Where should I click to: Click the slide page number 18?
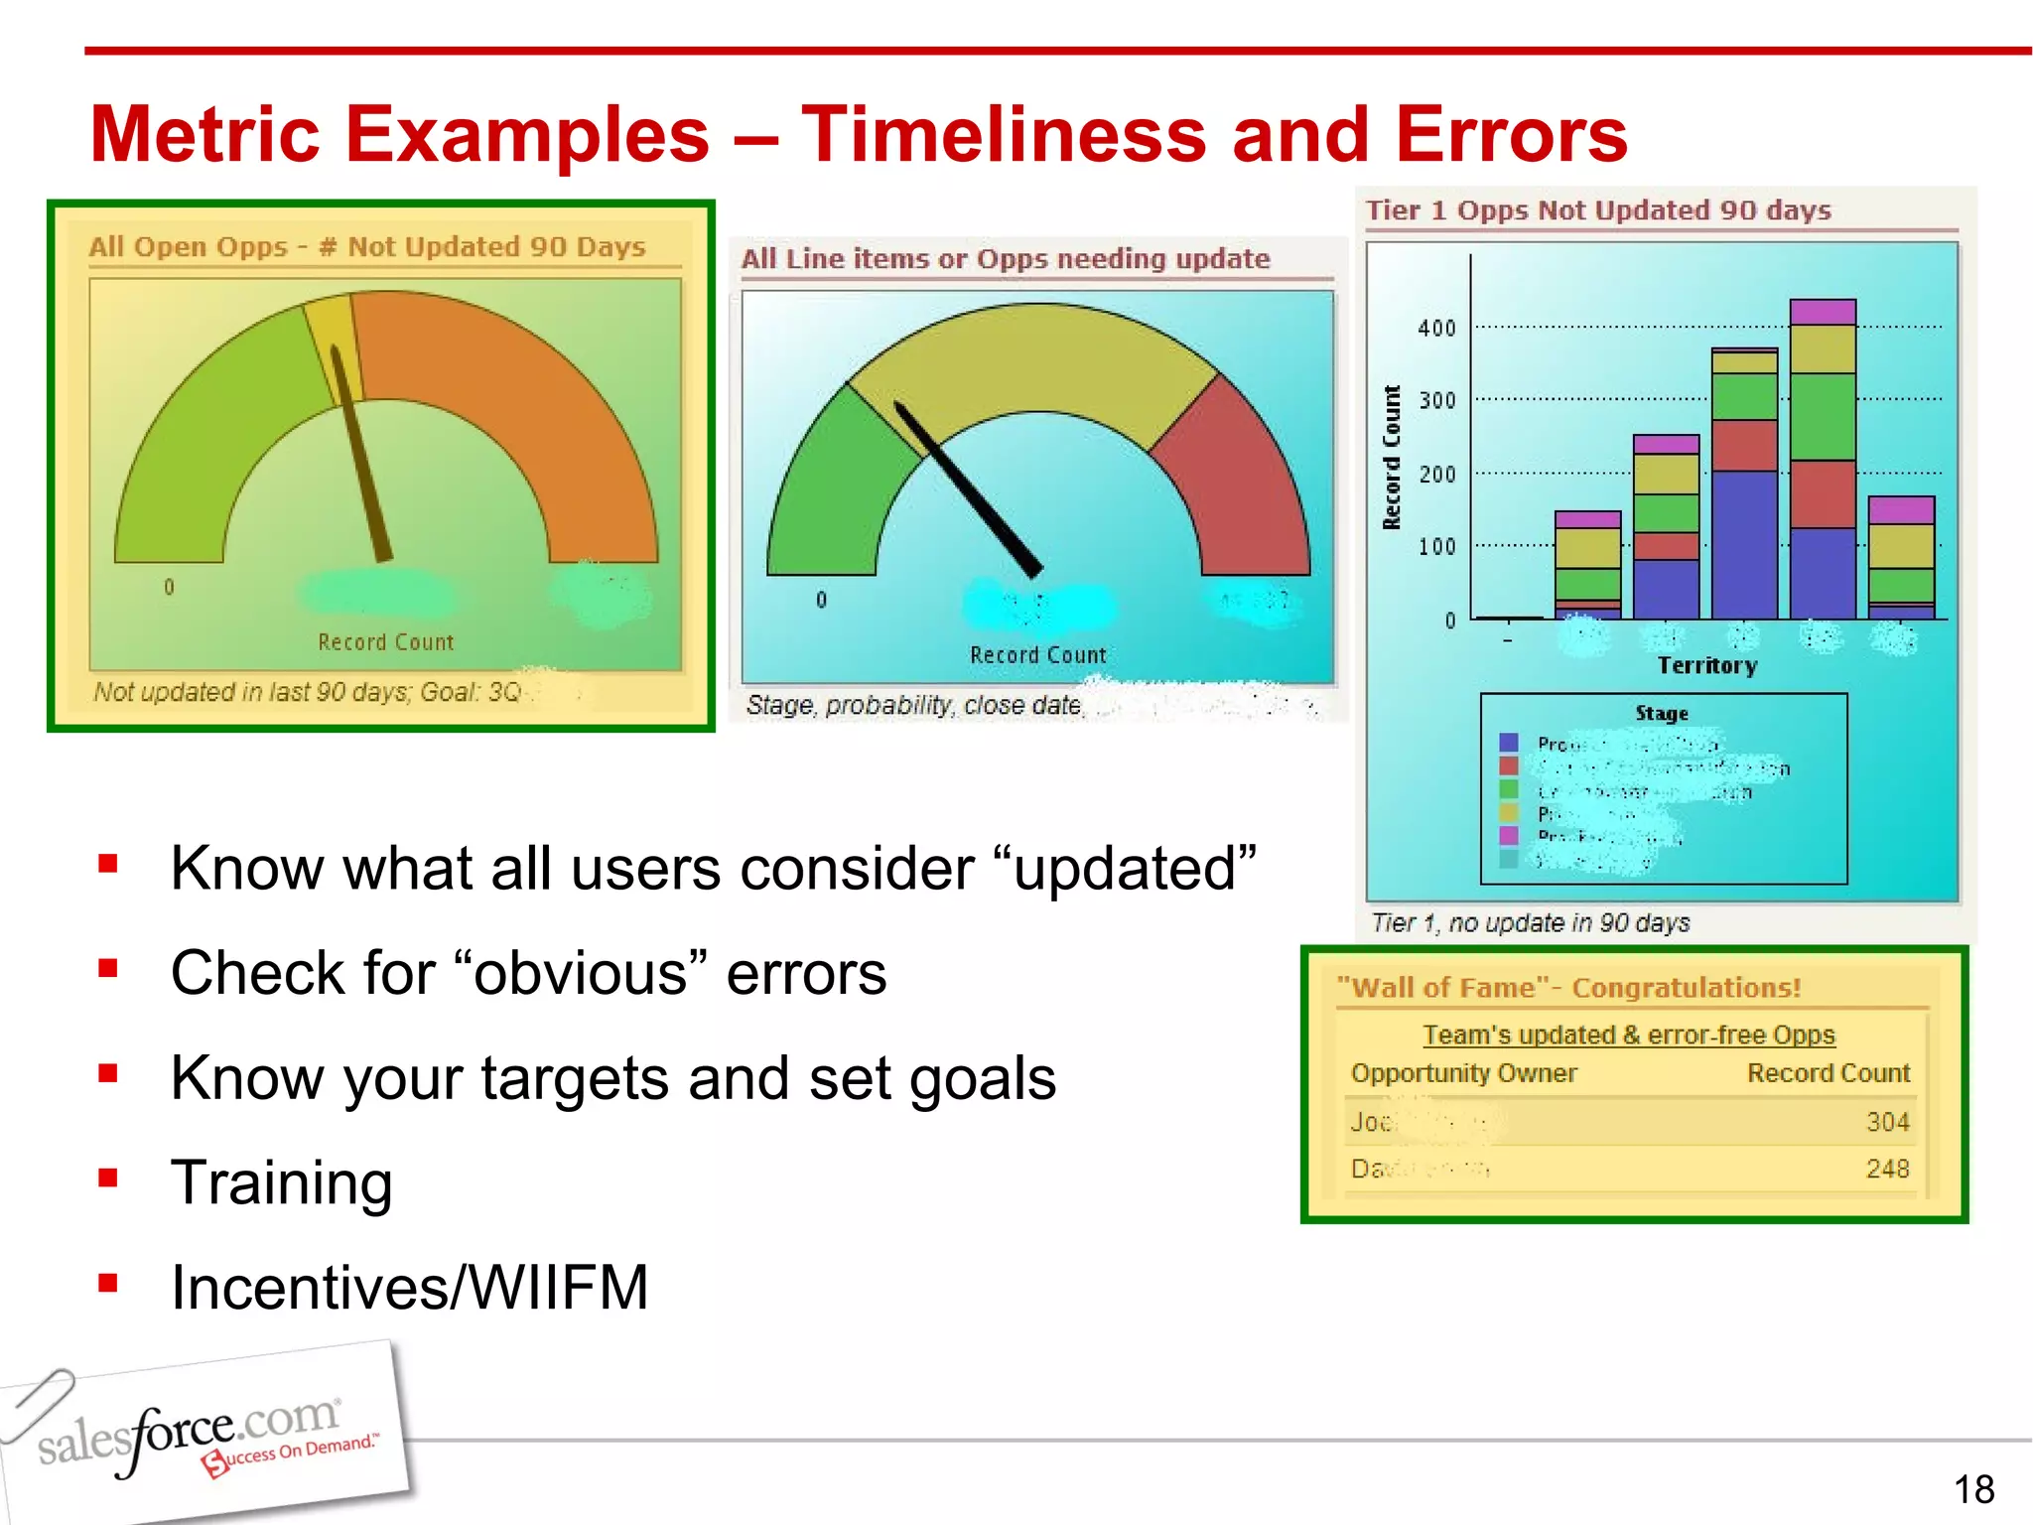pyautogui.click(x=1973, y=1489)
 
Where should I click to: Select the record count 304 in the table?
pyautogui.click(x=1887, y=1122)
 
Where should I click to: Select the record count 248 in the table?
pyautogui.click(x=1887, y=1169)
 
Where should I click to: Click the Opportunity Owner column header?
pyautogui.click(x=1463, y=1073)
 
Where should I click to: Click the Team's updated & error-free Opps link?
pyautogui.click(x=1628, y=1035)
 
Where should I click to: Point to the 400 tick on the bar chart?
pyautogui.click(x=1436, y=328)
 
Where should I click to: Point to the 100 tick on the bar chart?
pyautogui.click(x=1436, y=546)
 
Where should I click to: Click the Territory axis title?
pyautogui.click(x=1706, y=665)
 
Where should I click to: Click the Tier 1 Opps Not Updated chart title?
pyautogui.click(x=1597, y=210)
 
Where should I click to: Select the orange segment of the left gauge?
pyautogui.click(x=516, y=397)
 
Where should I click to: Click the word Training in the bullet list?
pyautogui.click(x=282, y=1182)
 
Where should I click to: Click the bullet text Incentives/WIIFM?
pyautogui.click(x=409, y=1288)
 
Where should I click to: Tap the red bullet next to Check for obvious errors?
pyautogui.click(x=108, y=968)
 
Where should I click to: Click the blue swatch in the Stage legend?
pyautogui.click(x=1509, y=743)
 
